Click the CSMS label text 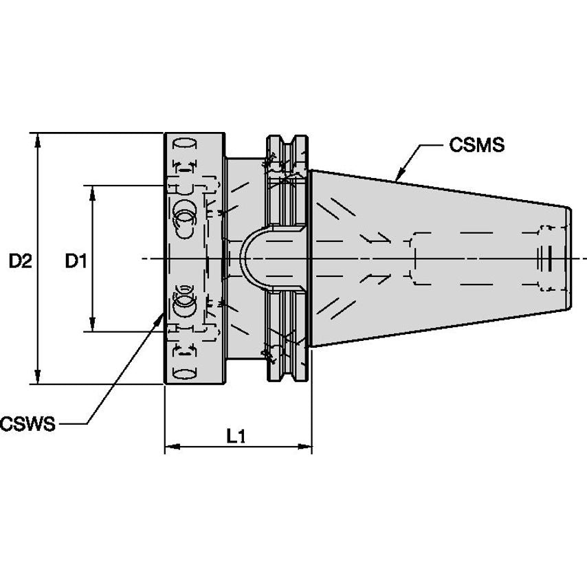(x=476, y=146)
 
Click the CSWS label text (x=27, y=423)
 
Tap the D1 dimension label (x=75, y=261)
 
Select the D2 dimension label (x=20, y=261)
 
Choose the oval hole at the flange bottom (x=184, y=373)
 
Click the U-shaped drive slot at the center (x=262, y=258)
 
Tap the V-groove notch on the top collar (x=287, y=145)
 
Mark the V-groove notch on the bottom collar (x=287, y=371)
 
